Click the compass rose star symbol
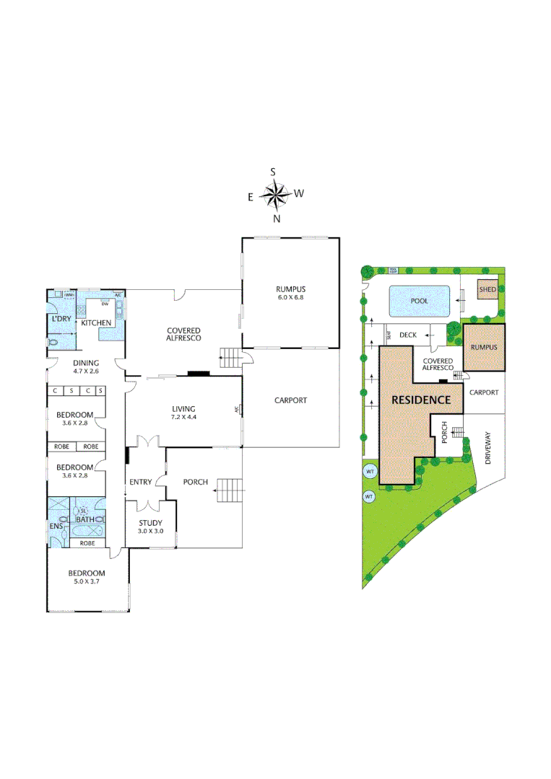pos(274,193)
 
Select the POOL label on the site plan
pos(419,301)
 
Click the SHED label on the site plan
pos(487,291)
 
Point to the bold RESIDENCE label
pos(421,400)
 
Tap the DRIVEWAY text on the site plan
pos(490,448)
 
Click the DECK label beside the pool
pos(408,335)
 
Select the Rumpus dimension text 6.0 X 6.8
pos(290,297)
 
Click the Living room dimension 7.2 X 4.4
pos(183,418)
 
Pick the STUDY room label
pos(151,523)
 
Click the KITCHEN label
pos(95,322)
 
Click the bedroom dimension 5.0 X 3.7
pos(87,583)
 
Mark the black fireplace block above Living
pos(198,373)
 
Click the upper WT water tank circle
pos(370,472)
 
